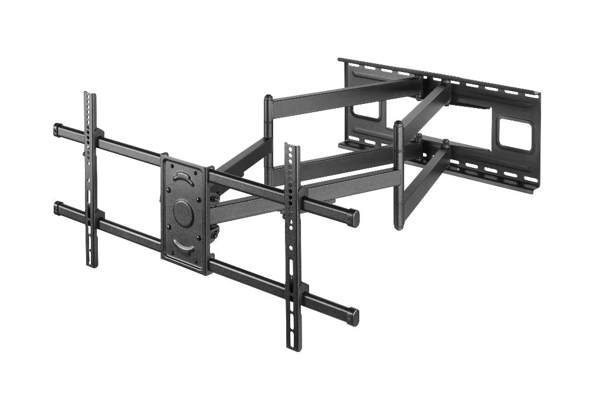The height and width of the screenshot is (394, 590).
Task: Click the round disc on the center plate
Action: [x=183, y=213]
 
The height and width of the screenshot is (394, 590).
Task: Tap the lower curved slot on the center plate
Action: [x=184, y=246]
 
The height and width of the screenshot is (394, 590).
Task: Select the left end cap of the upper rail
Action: [x=58, y=129]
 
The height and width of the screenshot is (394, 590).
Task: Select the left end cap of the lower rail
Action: [x=58, y=207]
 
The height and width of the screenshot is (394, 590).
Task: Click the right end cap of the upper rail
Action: [x=354, y=217]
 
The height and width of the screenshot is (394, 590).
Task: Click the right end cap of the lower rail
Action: [x=353, y=317]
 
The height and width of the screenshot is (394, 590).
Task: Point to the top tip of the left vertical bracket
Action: [x=89, y=95]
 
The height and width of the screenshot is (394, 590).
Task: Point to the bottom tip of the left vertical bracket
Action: [x=92, y=264]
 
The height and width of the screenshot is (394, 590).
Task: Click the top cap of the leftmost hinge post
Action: [x=268, y=97]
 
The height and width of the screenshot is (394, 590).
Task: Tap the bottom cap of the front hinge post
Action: [x=399, y=226]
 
